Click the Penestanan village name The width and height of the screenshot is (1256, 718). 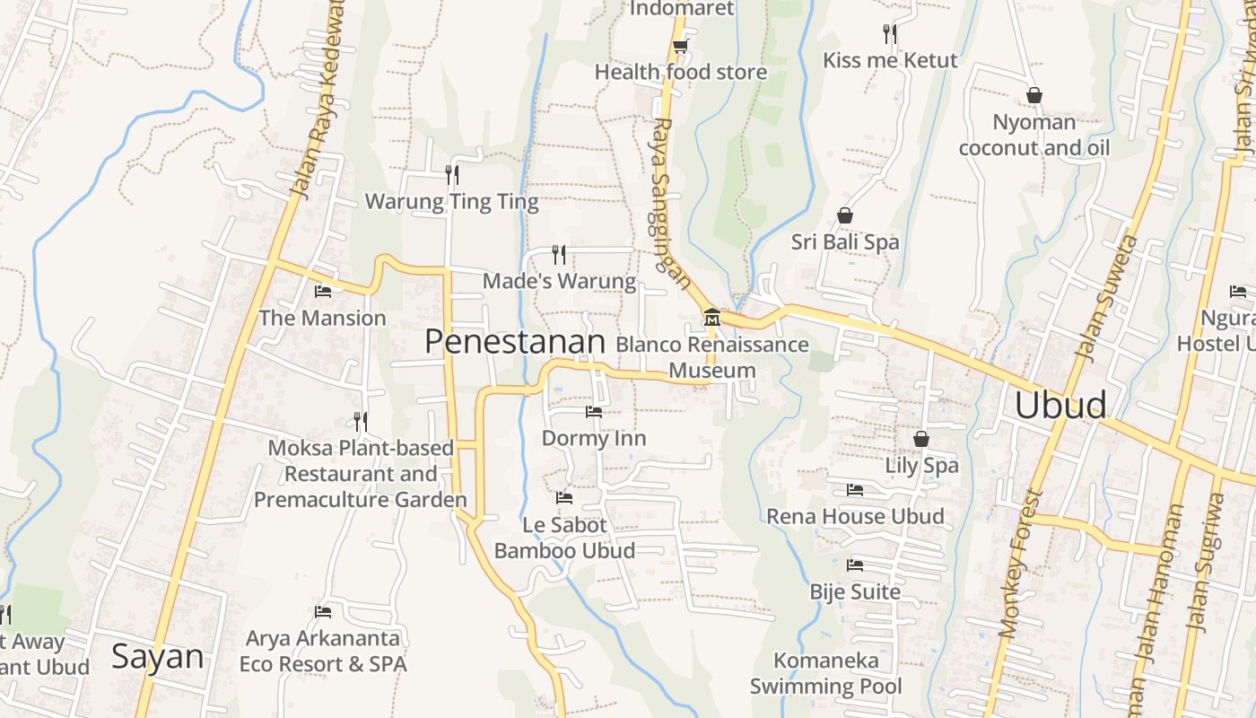(515, 342)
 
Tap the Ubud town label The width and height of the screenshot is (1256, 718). (1060, 406)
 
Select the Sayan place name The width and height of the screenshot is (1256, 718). (158, 657)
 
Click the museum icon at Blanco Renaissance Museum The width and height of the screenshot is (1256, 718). (712, 318)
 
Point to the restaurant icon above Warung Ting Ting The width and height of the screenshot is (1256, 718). (452, 174)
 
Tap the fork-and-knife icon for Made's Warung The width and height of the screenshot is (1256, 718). (559, 255)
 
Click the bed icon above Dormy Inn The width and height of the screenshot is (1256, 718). (593, 412)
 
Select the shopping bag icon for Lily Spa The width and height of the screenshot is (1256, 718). (920, 439)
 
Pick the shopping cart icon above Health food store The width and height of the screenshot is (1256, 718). (680, 46)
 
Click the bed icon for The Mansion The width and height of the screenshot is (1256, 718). (323, 291)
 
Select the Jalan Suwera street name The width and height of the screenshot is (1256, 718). (1106, 297)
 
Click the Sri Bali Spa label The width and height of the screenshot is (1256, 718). (844, 241)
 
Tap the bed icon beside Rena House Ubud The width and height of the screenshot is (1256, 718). (855, 490)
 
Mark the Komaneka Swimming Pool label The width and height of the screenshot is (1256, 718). (825, 674)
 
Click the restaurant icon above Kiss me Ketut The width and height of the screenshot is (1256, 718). (890, 34)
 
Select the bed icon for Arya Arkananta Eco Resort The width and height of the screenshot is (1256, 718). (323, 612)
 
